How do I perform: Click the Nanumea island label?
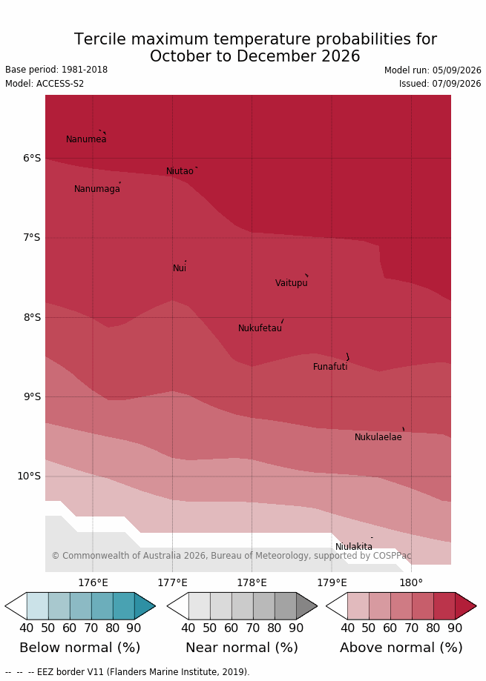(86, 139)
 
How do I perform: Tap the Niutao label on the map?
(180, 171)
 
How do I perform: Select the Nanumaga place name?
(96, 190)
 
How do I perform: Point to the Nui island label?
(180, 268)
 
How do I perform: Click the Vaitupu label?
(292, 283)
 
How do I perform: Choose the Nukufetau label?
(260, 328)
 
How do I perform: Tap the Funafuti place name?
(330, 367)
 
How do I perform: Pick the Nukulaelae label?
(378, 437)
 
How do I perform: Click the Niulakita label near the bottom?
(354, 547)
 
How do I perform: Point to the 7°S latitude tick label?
(32, 238)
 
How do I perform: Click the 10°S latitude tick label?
(29, 476)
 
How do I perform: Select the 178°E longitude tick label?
(252, 583)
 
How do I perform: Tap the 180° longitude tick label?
(411, 583)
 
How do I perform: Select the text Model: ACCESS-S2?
(45, 84)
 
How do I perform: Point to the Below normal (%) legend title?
(80, 648)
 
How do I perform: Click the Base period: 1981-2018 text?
(56, 70)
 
